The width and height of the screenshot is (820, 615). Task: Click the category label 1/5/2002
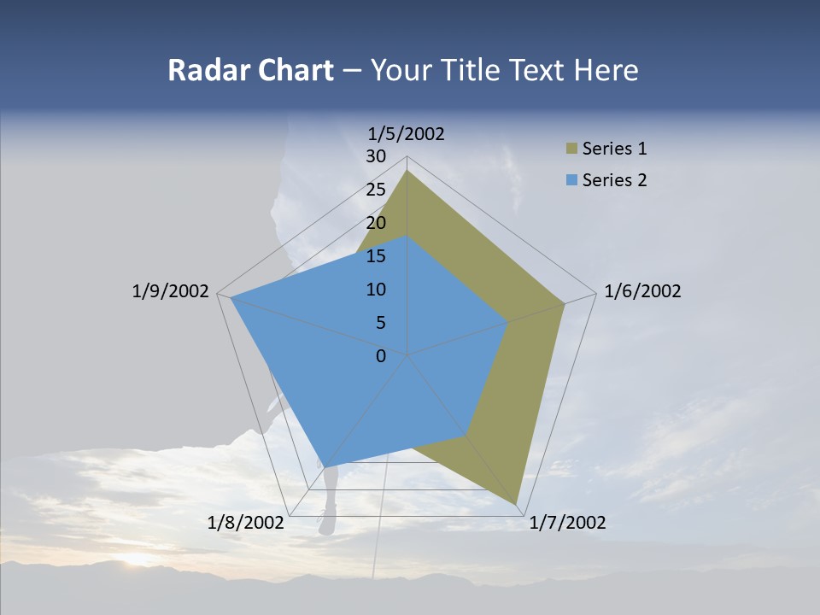click(407, 133)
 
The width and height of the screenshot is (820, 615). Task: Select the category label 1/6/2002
click(642, 291)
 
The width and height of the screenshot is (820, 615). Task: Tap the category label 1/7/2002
click(567, 523)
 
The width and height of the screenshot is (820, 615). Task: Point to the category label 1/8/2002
click(246, 523)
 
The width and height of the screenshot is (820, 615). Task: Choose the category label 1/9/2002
click(170, 291)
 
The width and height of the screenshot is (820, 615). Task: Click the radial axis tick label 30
click(376, 156)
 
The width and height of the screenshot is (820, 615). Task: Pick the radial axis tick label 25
click(376, 190)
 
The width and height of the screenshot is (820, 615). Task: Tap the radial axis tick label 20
click(376, 223)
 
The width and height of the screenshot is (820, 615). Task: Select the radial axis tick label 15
click(376, 256)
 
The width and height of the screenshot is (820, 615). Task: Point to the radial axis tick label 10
click(376, 290)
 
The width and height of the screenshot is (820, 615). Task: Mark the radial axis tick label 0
click(381, 356)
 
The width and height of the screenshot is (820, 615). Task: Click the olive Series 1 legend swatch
click(571, 149)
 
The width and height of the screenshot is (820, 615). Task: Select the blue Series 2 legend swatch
click(571, 180)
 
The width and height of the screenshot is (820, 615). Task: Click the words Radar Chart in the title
click(250, 70)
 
